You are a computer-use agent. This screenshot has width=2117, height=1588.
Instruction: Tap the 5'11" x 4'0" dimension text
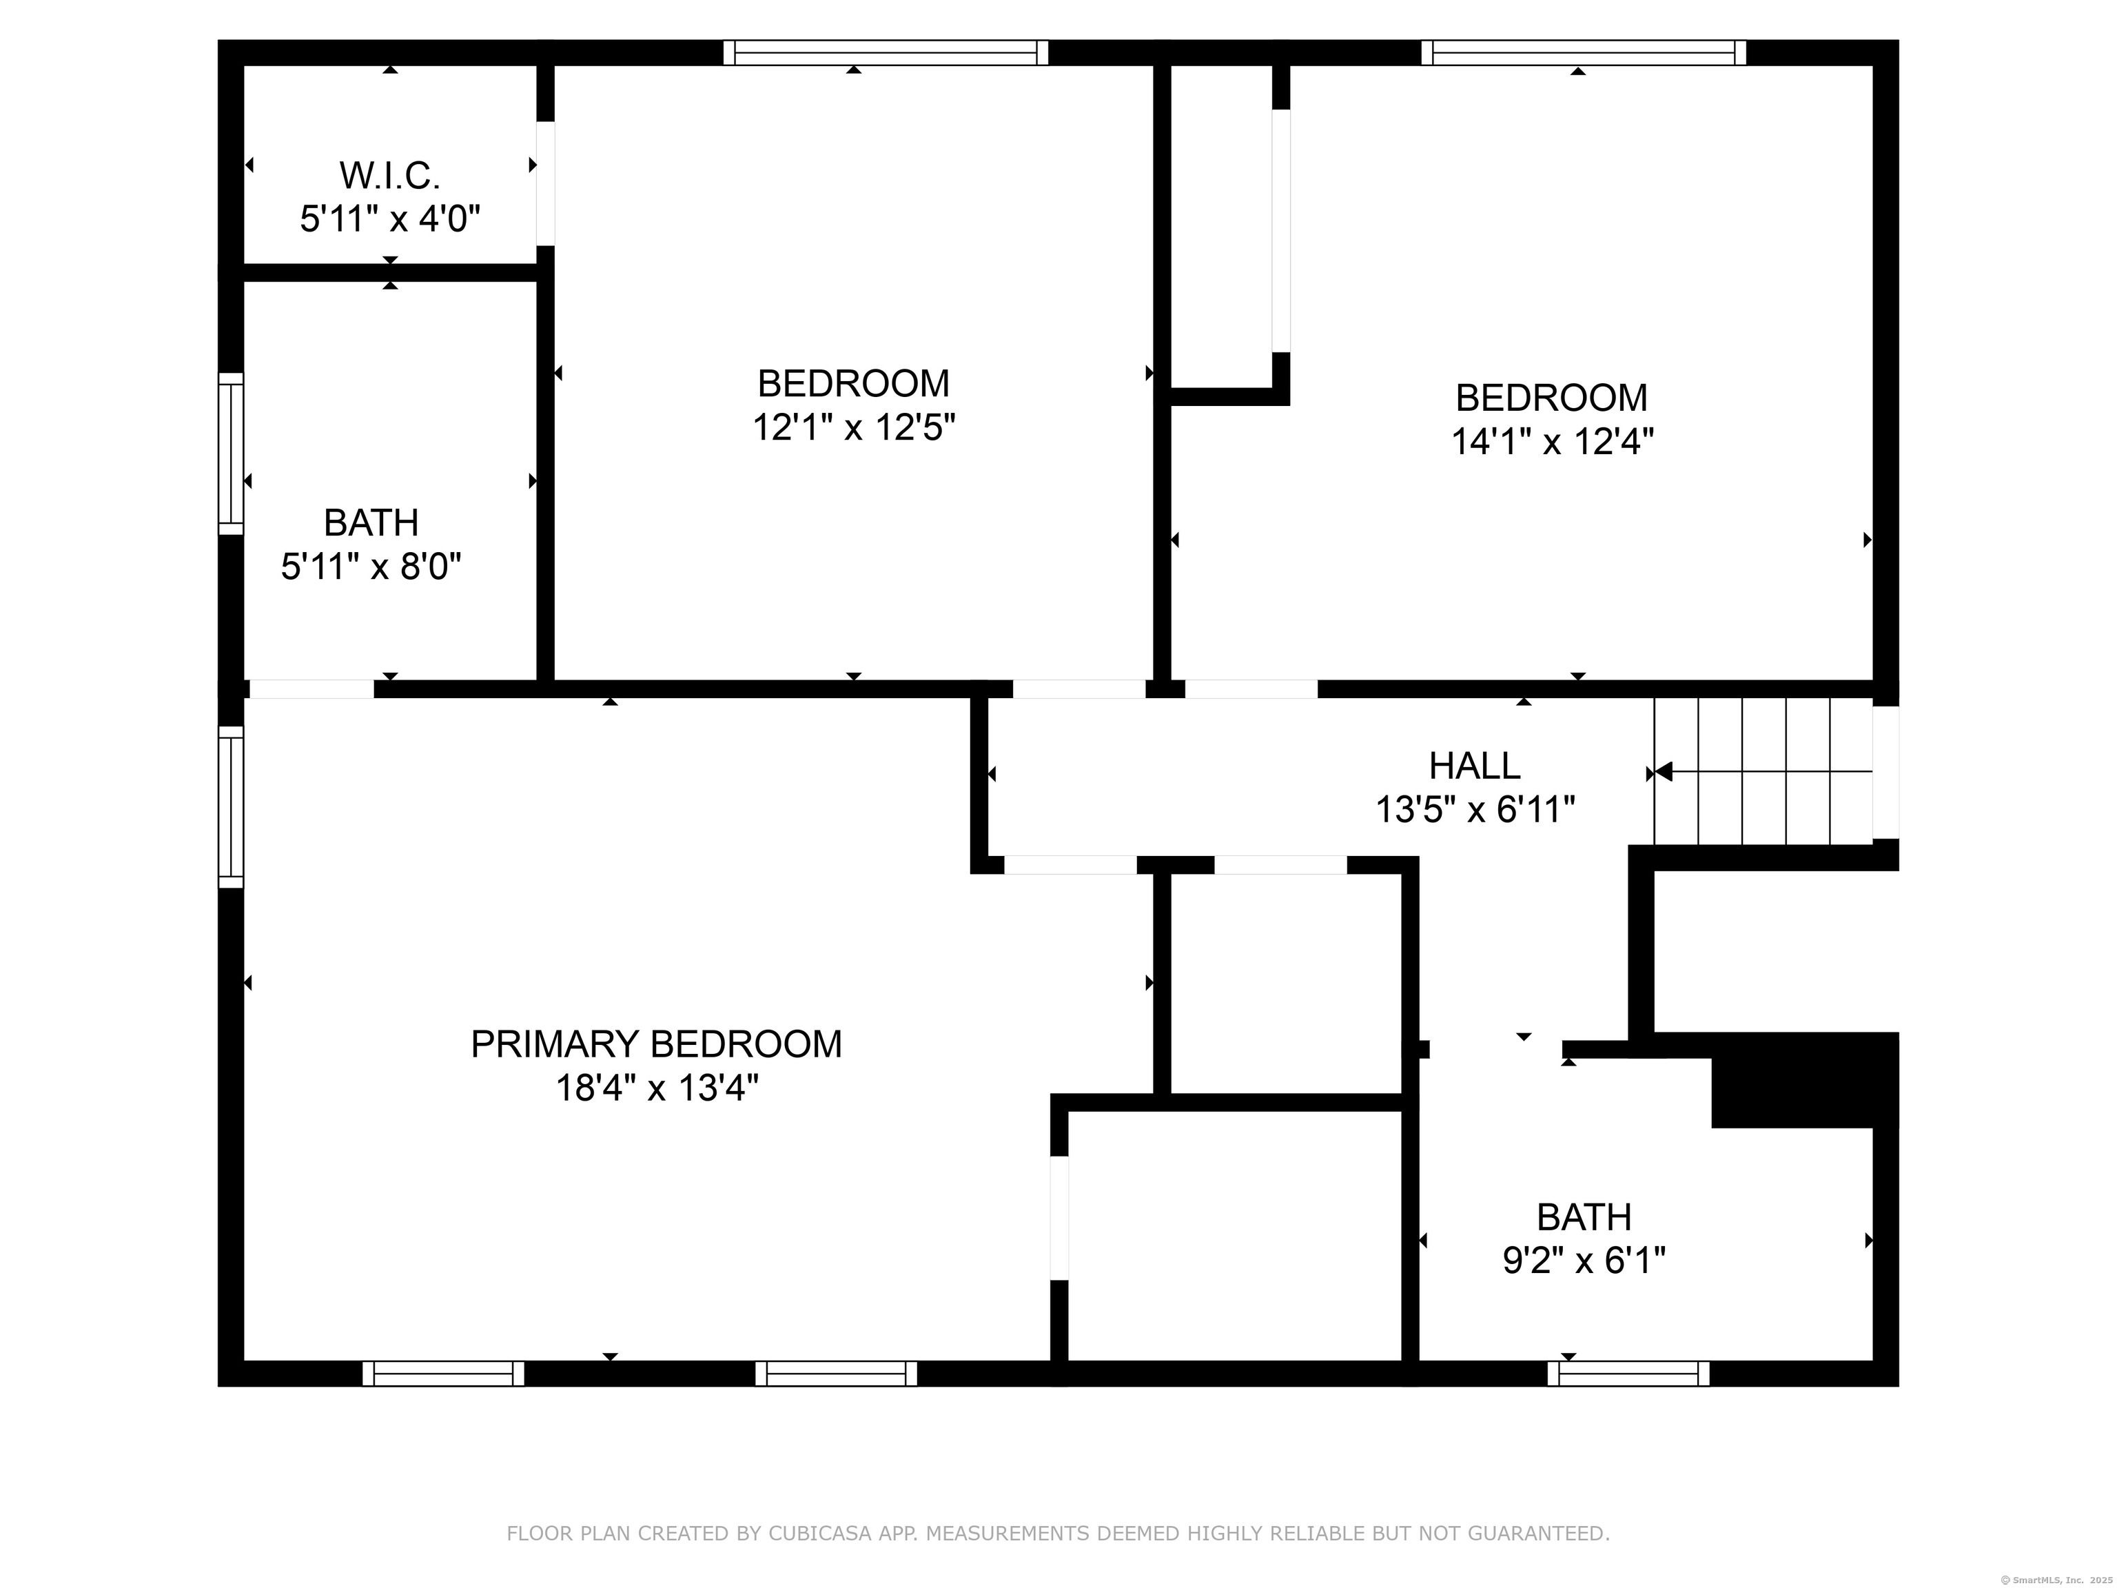coord(389,219)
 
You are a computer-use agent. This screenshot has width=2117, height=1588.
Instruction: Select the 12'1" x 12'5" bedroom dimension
coord(854,427)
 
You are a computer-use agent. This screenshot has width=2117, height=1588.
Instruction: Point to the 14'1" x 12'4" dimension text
coord(1553,441)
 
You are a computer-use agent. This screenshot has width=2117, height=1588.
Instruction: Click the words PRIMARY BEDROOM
coord(657,1044)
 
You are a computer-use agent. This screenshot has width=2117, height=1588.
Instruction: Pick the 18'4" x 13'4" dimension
coord(657,1088)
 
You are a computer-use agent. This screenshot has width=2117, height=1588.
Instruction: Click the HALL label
coord(1475,766)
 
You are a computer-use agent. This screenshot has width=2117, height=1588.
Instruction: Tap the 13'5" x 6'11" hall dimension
coord(1475,810)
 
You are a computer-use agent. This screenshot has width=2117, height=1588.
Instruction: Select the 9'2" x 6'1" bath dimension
coord(1584,1261)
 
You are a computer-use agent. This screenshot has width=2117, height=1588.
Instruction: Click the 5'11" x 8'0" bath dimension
coord(371,567)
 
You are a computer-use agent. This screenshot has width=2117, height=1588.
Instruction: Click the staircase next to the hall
coord(1763,771)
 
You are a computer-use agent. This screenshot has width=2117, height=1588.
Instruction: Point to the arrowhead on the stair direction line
coord(1664,771)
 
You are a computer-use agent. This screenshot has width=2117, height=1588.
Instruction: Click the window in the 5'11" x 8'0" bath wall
coord(231,453)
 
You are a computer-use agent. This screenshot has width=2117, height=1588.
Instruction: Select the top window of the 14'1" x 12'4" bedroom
coord(1583,52)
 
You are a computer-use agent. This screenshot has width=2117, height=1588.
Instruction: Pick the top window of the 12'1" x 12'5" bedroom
coord(886,52)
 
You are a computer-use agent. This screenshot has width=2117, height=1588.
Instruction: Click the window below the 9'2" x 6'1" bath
coord(1628,1374)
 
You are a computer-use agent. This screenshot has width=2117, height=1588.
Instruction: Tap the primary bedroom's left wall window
coord(231,806)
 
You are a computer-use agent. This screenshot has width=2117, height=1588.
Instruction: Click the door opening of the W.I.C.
coord(544,183)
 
